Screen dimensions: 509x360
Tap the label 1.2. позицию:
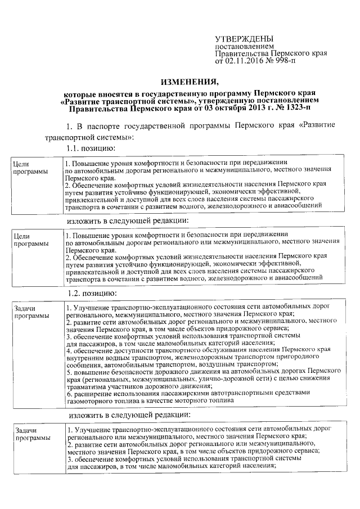click(x=92, y=294)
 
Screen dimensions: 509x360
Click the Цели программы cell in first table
click(x=30, y=166)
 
